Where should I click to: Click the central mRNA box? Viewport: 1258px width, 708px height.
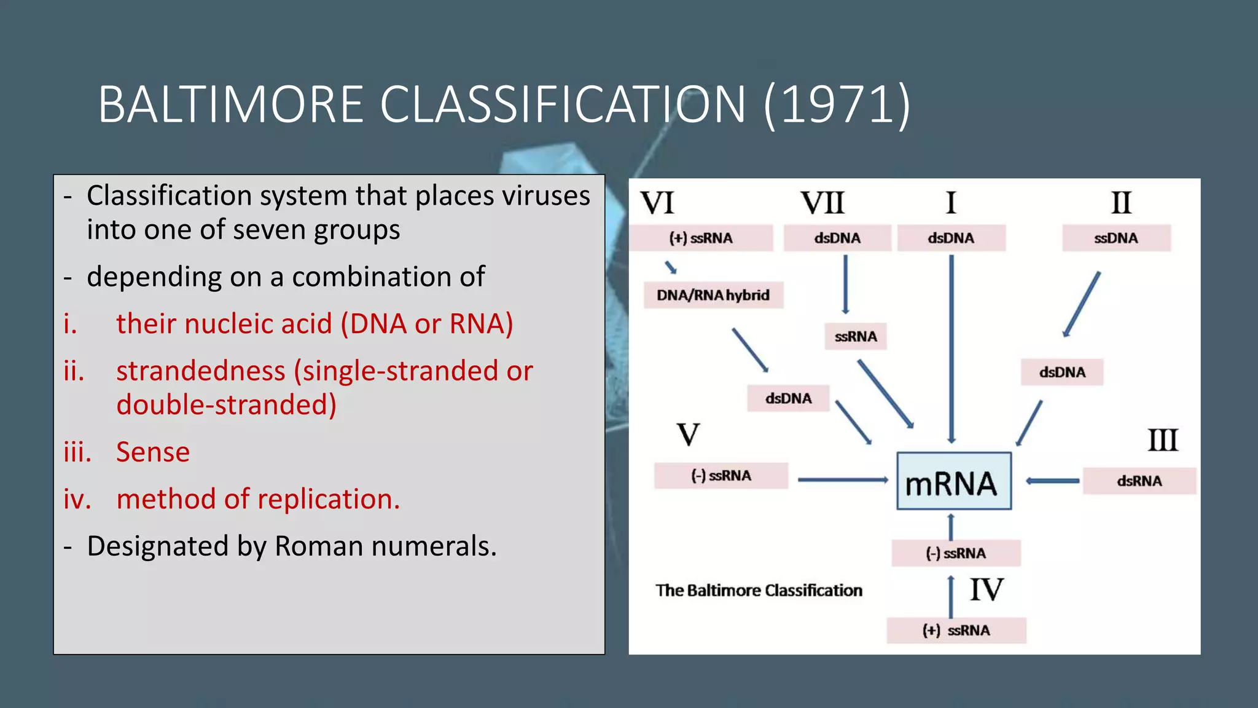(x=953, y=482)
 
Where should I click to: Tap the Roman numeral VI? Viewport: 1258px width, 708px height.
(x=657, y=203)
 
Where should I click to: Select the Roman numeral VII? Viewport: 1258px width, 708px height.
(x=822, y=203)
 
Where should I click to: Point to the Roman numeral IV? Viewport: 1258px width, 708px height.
(x=986, y=590)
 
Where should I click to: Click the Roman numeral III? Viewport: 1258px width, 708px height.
(x=1162, y=441)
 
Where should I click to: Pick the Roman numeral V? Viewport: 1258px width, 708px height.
(x=688, y=435)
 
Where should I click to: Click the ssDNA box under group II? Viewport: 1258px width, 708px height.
(x=1116, y=238)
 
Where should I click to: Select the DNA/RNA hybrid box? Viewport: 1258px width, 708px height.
(x=713, y=296)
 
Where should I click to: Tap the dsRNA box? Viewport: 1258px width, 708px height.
(x=1139, y=481)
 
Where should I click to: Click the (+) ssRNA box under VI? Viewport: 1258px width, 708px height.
(x=701, y=238)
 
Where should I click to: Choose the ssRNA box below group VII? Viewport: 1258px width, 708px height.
(x=855, y=337)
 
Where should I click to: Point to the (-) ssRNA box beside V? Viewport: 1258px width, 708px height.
(x=721, y=476)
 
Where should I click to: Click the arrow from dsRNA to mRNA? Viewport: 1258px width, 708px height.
(x=1052, y=481)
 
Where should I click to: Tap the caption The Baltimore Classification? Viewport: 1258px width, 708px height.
(x=759, y=591)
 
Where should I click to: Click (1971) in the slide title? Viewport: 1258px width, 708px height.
(x=837, y=104)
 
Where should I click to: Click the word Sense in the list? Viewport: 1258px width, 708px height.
(x=153, y=452)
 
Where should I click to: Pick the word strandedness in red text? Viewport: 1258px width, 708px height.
(x=201, y=371)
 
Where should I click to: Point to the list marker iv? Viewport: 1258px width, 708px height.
(x=77, y=499)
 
